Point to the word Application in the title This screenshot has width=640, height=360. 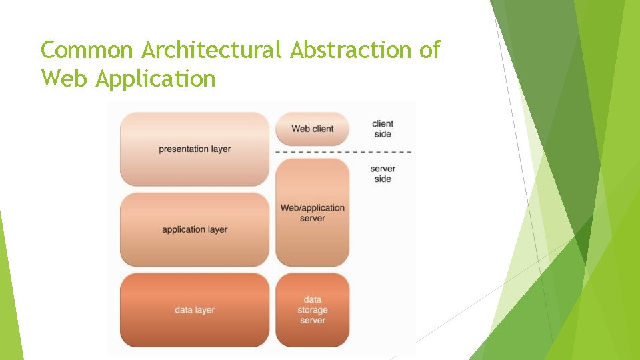155,79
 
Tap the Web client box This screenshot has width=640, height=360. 312,129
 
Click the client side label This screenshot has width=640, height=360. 383,129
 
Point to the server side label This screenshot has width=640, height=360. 383,174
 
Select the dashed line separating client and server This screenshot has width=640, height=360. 343,152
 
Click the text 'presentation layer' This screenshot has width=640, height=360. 195,149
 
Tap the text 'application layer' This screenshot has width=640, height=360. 195,230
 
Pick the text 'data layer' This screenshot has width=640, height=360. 195,310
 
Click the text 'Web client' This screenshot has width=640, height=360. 312,129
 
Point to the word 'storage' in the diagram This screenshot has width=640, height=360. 312,310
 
